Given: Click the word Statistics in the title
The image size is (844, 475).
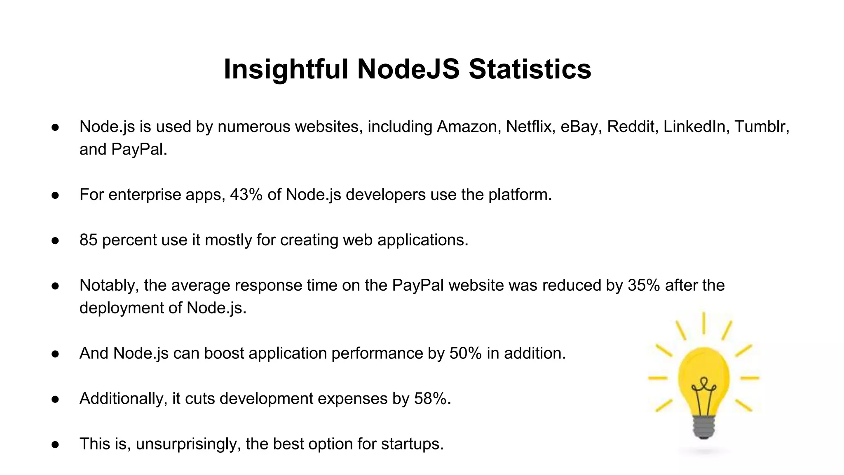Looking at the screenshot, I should click(x=530, y=69).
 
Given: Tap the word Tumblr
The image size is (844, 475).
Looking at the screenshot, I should click(x=761, y=127).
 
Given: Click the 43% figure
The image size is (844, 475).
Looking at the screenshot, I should click(x=246, y=195).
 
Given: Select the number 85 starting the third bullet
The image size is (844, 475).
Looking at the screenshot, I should click(x=88, y=240).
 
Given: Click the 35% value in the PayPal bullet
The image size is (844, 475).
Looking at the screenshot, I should click(x=644, y=285).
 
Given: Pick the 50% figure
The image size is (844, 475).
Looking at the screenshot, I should click(x=465, y=353).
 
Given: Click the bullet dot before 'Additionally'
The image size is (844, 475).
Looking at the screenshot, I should click(x=55, y=399).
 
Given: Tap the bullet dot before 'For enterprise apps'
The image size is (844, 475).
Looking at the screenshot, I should click(x=55, y=195).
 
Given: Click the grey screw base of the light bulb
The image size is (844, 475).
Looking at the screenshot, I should click(x=703, y=427).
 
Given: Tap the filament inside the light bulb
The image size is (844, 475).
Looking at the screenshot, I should click(x=703, y=392).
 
